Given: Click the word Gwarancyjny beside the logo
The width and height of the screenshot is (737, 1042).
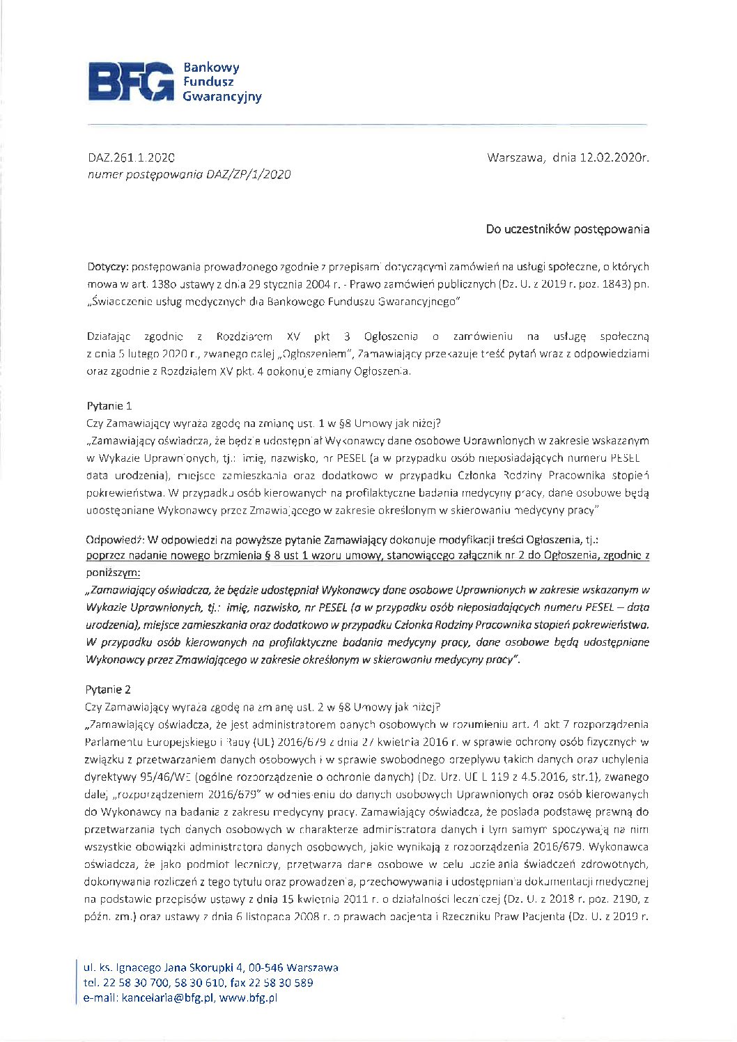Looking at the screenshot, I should pyautogui.click(x=222, y=97).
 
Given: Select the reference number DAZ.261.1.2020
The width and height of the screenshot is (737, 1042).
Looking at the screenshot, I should pyautogui.click(x=131, y=157).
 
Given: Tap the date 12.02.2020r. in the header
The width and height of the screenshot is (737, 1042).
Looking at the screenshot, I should pyautogui.click(x=610, y=157).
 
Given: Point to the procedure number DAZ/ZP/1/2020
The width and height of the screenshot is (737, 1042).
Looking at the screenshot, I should pyautogui.click(x=248, y=175).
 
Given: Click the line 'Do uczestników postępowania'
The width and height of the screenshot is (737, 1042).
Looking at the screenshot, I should pyautogui.click(x=568, y=229).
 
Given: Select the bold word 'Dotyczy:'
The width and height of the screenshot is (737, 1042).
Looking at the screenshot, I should pyautogui.click(x=107, y=267).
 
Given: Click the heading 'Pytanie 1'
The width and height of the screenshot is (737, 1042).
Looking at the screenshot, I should pyautogui.click(x=109, y=406).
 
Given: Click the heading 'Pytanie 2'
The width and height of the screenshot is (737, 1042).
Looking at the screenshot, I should pyautogui.click(x=108, y=690).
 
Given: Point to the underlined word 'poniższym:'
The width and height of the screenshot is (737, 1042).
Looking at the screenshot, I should pyautogui.click(x=112, y=573).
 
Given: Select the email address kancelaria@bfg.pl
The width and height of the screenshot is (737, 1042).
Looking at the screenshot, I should pyautogui.click(x=169, y=998).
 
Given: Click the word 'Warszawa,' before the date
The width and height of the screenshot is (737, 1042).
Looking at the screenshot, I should pyautogui.click(x=515, y=157).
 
